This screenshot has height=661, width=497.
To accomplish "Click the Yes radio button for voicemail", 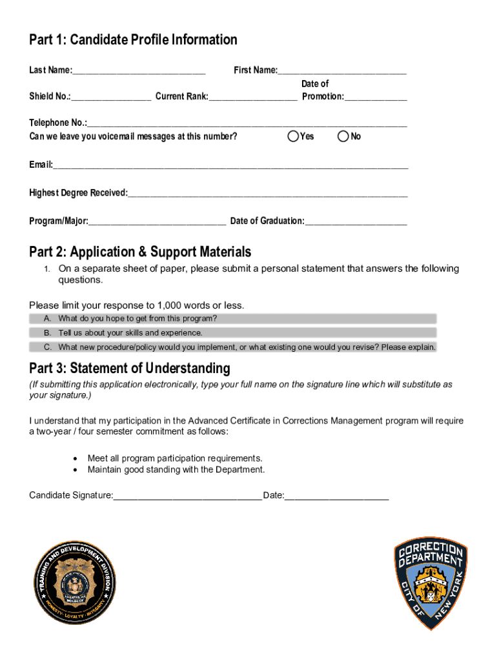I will point(294,136).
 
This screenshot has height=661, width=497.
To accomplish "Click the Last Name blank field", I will point(139,71).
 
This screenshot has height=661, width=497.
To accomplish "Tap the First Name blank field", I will point(342,71).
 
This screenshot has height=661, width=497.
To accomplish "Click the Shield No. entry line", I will point(111,97).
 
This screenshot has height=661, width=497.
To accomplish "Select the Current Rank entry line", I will point(253,97).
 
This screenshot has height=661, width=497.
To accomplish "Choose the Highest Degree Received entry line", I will point(267,194).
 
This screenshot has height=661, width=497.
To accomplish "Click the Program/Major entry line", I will point(157,222).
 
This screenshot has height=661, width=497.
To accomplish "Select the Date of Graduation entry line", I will point(356,222).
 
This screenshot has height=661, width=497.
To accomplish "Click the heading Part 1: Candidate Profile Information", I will point(133,40).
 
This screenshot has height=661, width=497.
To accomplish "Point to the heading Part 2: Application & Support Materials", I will point(140,252).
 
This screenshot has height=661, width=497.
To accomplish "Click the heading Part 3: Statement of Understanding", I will point(129,369).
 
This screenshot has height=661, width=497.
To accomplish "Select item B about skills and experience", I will point(233,333).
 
